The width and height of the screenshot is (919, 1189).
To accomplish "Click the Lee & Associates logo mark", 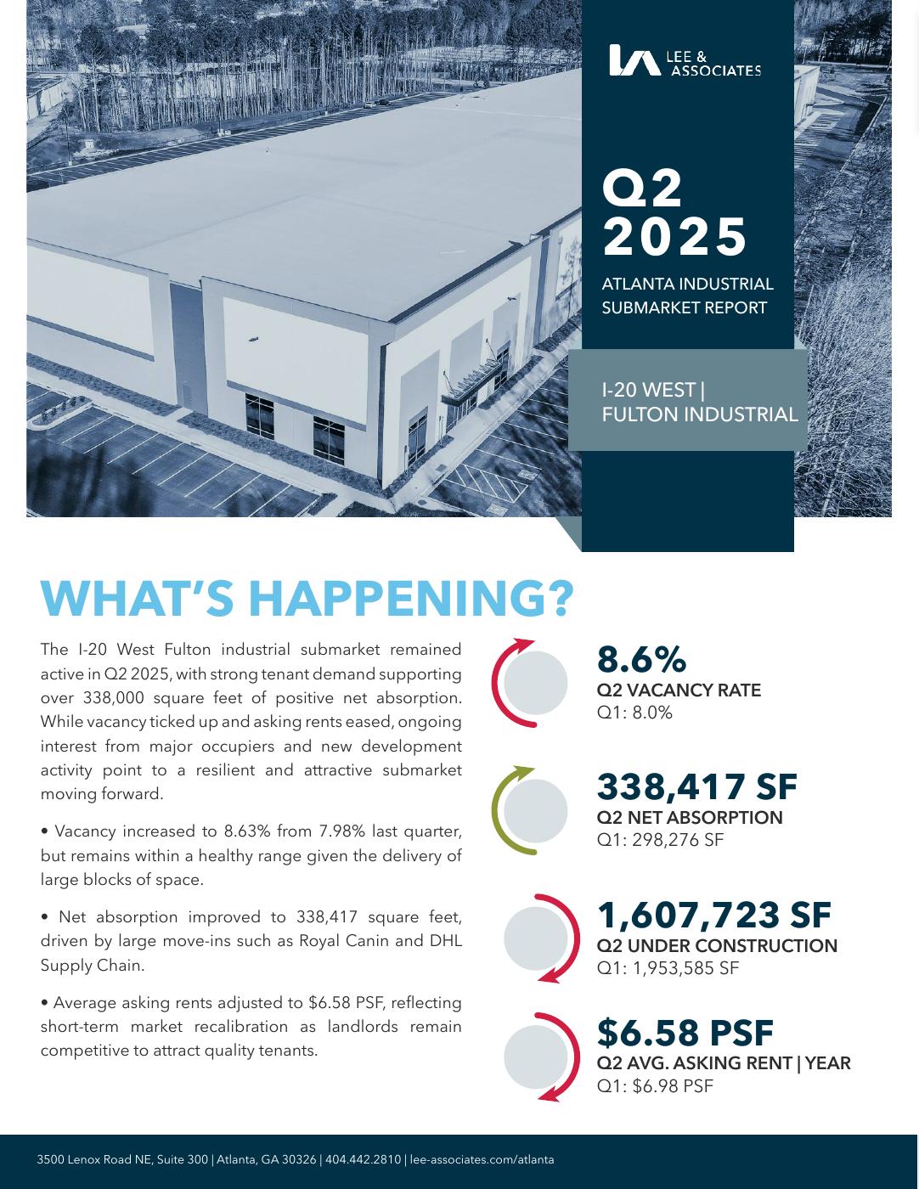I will pos(634,60).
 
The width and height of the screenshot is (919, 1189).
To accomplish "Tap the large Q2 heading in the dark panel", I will pos(642,188).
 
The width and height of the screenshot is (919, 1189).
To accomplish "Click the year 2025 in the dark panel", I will pos(674,236).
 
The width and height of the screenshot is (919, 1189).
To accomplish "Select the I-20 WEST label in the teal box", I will pos(649,390).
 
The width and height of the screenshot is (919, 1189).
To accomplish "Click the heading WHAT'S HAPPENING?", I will pos(307,599).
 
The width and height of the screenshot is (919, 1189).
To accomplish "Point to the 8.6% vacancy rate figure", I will pos(641,660).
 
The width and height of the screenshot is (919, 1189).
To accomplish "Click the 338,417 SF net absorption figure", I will pos(696,787).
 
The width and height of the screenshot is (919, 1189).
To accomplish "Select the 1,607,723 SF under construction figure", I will pos(713,915).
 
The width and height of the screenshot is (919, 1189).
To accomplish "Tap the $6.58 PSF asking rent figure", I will pos(685,1034).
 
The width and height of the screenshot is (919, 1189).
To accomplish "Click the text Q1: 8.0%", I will pos(634,713).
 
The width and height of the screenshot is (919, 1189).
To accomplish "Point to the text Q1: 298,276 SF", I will pos(660,841).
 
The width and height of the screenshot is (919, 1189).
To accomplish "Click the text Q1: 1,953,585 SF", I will pos(668,968).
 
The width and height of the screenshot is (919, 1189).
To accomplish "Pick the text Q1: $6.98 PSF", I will pos(655,1086).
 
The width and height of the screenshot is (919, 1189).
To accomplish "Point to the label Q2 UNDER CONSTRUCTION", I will pos(717,946).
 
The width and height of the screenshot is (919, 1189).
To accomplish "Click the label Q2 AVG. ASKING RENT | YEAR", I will pos(724,1063).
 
